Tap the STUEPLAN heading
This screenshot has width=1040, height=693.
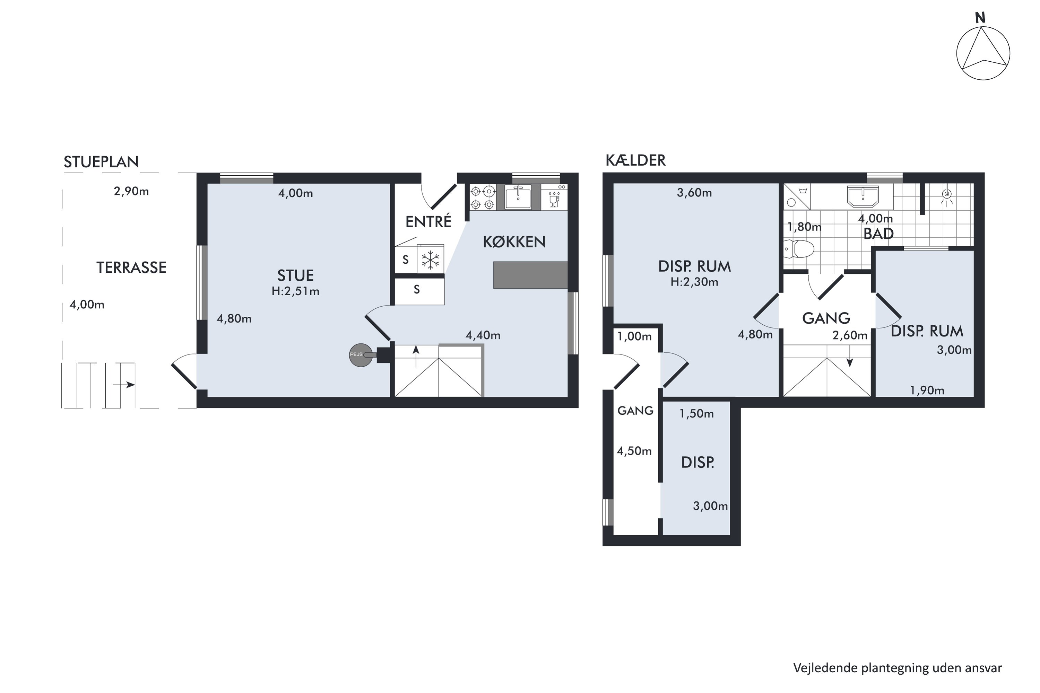101,162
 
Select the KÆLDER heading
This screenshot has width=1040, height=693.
635,160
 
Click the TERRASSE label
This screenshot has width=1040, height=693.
131,267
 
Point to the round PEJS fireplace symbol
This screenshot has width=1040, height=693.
361,355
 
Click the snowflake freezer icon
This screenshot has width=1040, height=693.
430,260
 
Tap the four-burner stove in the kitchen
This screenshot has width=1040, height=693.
483,198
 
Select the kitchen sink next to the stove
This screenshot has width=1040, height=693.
518,197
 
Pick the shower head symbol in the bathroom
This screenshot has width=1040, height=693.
947,196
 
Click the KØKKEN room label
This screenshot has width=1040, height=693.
514,242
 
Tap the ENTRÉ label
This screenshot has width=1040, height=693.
428,221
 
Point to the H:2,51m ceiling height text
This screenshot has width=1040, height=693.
295,291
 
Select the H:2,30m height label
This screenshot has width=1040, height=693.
694,282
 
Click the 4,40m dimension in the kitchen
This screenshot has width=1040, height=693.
483,335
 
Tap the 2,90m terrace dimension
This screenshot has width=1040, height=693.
131,191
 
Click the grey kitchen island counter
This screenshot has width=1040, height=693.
530,275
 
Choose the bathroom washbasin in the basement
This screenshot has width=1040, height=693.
863,196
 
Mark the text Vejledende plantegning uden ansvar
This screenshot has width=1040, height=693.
898,668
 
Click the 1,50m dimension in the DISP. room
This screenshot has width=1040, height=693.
696,414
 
